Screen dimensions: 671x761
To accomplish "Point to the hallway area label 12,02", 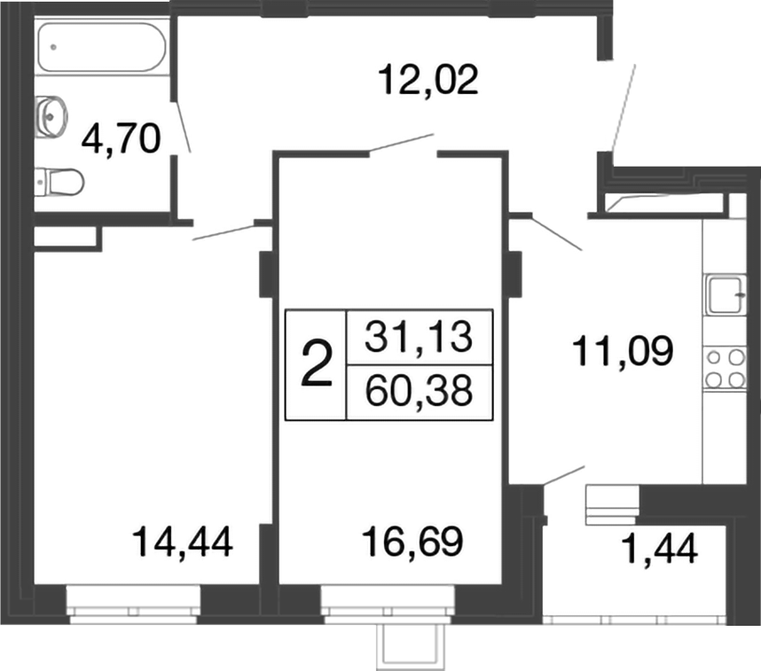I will point(428,80).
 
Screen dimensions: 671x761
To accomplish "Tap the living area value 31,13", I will point(418,337).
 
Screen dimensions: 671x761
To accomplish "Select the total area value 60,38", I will point(418,390).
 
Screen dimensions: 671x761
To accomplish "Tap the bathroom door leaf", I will point(184,124).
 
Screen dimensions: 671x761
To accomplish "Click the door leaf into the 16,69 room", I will point(401,144).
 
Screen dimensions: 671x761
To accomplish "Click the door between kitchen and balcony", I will point(563,474).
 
